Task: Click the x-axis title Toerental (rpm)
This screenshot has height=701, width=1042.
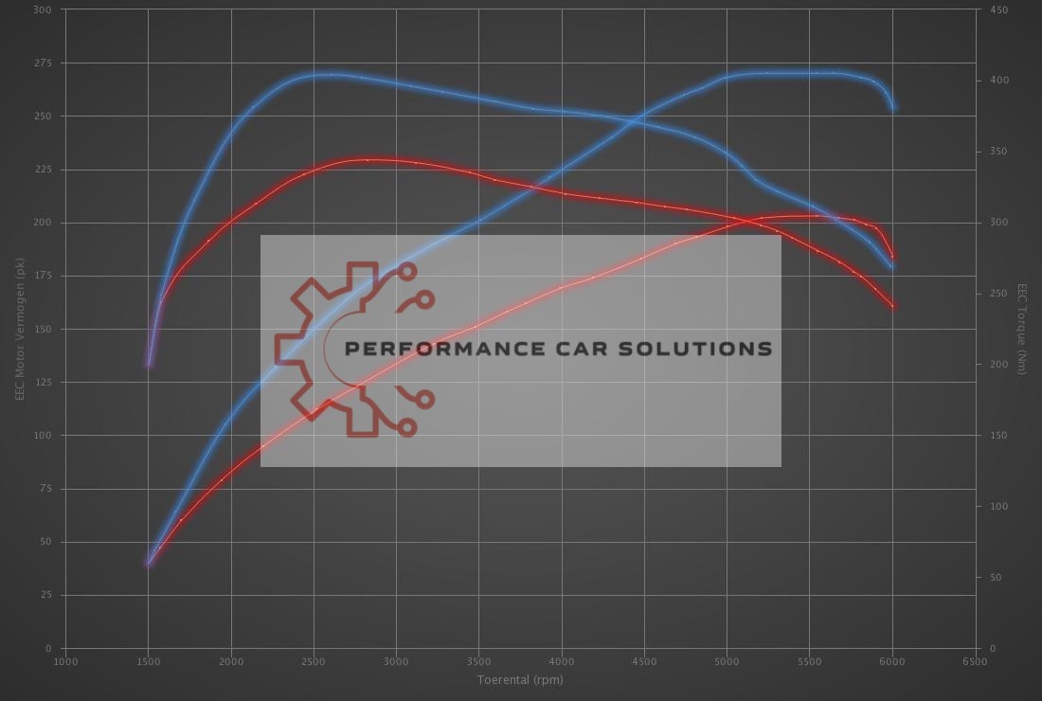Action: [520, 679]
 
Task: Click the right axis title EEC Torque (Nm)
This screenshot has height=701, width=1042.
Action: [1022, 329]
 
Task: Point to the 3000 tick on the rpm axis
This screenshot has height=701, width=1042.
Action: [396, 661]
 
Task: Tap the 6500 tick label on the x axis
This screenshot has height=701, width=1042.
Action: [975, 661]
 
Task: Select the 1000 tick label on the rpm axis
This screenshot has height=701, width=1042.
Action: [65, 661]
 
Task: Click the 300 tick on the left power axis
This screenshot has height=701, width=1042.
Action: [43, 9]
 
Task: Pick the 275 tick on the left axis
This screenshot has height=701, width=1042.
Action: [43, 63]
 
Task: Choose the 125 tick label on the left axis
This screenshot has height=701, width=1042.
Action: [43, 383]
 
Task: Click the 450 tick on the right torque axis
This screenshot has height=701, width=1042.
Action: [998, 9]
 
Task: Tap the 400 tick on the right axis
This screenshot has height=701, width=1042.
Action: [998, 81]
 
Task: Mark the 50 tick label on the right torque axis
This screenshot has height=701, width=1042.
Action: [995, 577]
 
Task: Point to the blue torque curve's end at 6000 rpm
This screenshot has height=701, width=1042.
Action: [892, 267]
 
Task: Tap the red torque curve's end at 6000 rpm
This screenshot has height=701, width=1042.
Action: [892, 306]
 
